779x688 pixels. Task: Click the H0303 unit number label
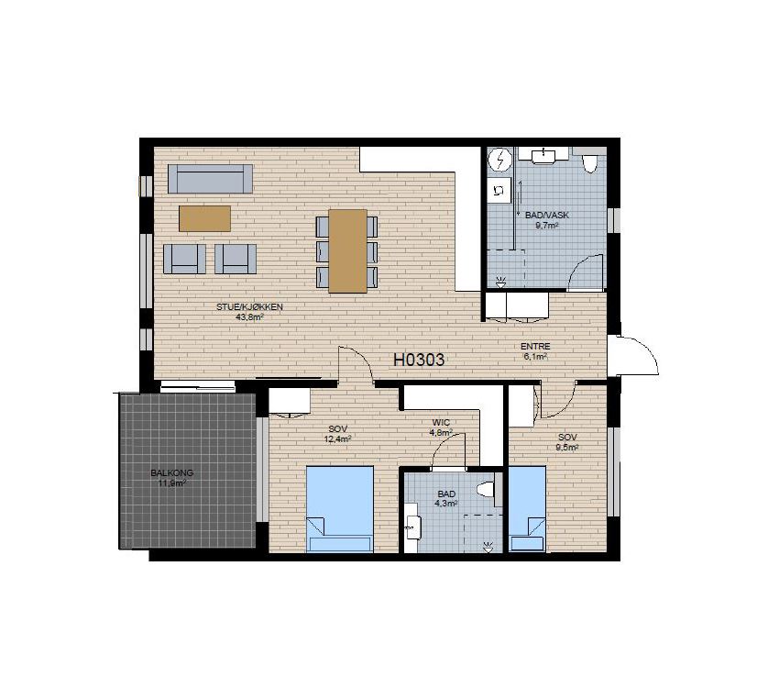419,360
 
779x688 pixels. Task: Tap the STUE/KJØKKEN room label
249,307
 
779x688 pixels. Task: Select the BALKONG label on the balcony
172,473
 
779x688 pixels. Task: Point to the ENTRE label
535,347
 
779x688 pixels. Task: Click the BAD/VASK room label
547,216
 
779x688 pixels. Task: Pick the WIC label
441,423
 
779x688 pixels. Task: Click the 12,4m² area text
338,438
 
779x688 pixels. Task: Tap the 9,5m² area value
568,447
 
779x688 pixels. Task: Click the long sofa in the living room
210,179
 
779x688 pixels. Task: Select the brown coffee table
204,218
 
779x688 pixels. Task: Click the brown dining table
347,251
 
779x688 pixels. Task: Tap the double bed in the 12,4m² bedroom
340,508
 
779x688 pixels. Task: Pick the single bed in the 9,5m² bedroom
527,508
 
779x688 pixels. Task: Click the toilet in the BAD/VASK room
589,162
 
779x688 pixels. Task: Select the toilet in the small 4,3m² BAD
486,490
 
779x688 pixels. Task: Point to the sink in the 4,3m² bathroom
412,527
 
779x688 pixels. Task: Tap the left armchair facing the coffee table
184,259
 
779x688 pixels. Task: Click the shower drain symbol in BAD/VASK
500,282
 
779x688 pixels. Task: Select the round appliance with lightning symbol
499,160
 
